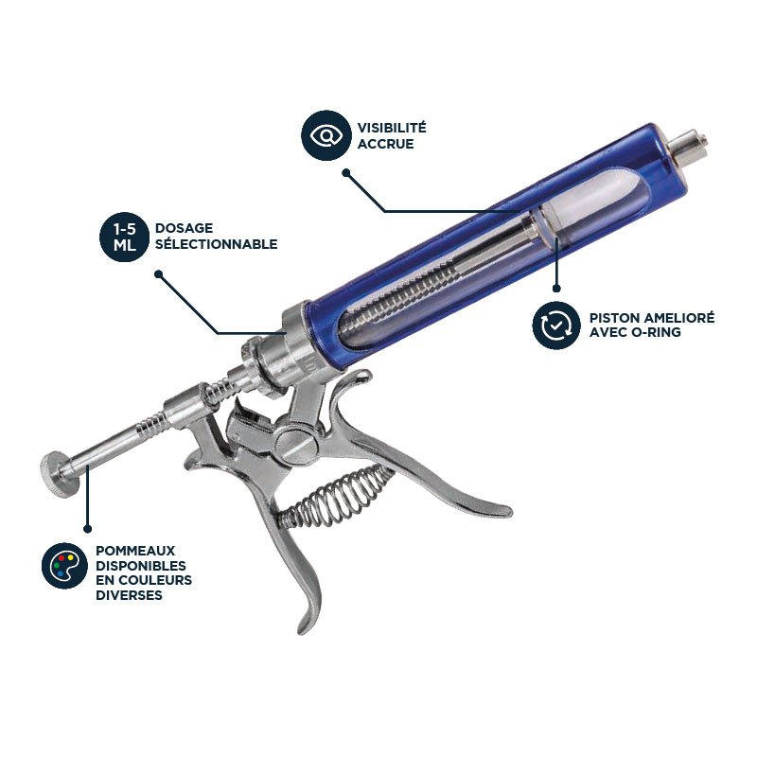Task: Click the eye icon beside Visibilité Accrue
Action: click(x=326, y=134)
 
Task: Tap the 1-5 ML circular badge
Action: click(x=125, y=238)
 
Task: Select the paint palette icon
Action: click(x=64, y=565)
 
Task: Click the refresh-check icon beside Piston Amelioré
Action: click(x=556, y=325)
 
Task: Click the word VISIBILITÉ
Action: click(x=392, y=128)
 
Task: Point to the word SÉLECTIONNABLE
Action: click(x=217, y=244)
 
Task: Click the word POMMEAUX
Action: click(x=135, y=551)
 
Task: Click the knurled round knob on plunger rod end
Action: click(x=57, y=475)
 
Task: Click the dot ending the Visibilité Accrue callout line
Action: click(x=346, y=172)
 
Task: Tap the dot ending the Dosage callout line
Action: click(x=158, y=273)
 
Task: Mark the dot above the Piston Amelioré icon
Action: click(x=556, y=289)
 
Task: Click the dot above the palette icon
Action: click(x=87, y=529)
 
